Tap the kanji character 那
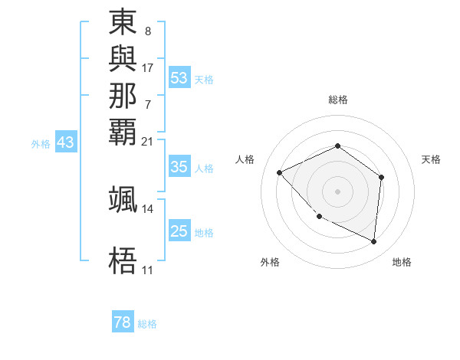(123, 95)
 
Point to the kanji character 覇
(123, 131)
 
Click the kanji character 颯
(123, 198)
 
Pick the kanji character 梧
(123, 260)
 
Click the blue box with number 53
(179, 78)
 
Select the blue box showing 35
(179, 168)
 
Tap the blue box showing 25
(179, 231)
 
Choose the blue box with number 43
(66, 142)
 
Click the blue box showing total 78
(123, 322)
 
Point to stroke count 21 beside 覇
(148, 141)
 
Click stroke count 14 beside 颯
(148, 208)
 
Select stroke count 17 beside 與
(148, 67)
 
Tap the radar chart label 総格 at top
(337, 100)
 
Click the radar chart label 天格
(431, 159)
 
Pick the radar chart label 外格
(270, 263)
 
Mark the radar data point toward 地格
(374, 242)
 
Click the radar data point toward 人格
(280, 172)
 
